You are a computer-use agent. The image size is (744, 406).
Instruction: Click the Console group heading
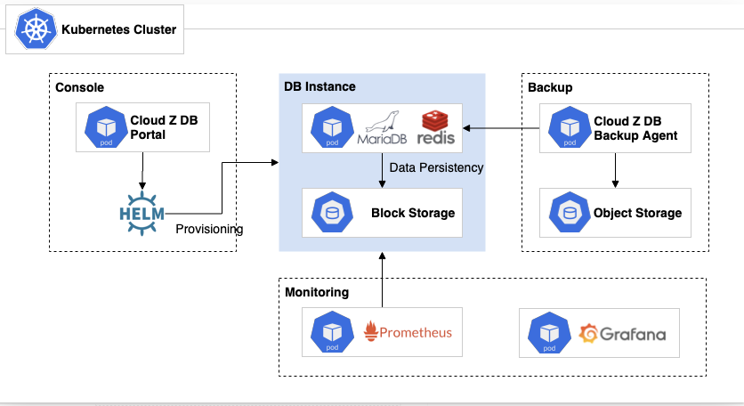tap(80, 87)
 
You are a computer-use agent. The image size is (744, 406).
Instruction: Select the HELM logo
tap(142, 213)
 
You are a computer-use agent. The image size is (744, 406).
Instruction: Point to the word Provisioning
tap(208, 229)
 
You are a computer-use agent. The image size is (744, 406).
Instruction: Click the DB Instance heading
tap(319, 86)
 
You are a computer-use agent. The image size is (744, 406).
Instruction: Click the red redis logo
tap(437, 128)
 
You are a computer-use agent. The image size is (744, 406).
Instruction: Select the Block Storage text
tap(413, 213)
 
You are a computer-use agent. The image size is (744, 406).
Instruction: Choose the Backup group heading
tap(550, 87)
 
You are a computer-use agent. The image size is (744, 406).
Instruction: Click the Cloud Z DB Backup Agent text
tap(635, 128)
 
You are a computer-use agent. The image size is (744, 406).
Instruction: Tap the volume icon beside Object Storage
tap(568, 213)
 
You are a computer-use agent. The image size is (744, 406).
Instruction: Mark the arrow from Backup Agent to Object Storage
tap(615, 169)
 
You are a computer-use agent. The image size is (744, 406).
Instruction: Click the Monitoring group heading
tap(317, 292)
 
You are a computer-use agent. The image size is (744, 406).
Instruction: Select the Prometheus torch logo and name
tap(408, 333)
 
